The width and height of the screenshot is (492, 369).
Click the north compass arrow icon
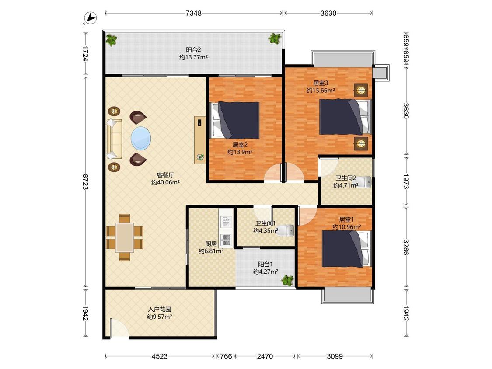point(91,18)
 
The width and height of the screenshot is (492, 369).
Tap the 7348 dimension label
point(194,13)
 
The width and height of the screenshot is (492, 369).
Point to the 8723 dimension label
point(85,181)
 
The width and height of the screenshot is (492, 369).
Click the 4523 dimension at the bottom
point(159,356)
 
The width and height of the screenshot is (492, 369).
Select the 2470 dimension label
point(265,356)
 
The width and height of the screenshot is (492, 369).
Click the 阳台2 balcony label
point(193,49)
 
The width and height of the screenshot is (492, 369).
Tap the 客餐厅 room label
point(165,175)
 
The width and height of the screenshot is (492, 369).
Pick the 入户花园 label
point(160,310)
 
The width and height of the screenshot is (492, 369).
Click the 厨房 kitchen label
point(211,244)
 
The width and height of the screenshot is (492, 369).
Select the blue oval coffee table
point(140,138)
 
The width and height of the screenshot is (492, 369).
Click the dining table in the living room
point(125,237)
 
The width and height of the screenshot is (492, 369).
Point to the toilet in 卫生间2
point(364,182)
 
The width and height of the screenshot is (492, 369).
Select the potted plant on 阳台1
point(287,280)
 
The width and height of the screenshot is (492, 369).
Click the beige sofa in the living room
point(114,139)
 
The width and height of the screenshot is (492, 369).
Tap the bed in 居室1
point(346,249)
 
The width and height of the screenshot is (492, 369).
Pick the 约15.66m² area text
point(321,91)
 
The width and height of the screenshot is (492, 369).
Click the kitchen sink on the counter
point(226,222)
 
